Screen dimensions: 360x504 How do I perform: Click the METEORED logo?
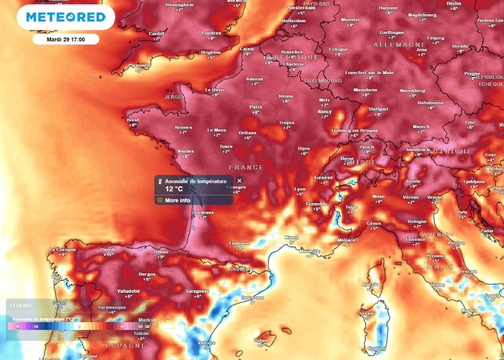click(66, 17)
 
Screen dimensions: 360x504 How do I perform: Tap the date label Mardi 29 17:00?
click(66, 39)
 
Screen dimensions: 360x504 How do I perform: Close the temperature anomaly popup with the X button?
click(239, 181)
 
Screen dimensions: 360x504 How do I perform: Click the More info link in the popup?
click(177, 200)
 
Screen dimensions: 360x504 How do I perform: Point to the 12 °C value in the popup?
click(174, 189)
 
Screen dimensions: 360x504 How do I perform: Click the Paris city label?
click(256, 107)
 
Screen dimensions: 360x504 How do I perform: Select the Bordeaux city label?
click(203, 212)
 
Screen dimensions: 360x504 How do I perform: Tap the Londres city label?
click(211, 33)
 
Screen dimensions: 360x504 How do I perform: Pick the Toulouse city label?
click(239, 244)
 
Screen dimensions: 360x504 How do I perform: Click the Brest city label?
click(133, 120)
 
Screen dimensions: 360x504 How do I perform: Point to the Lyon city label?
click(300, 189)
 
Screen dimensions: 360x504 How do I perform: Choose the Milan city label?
click(378, 197)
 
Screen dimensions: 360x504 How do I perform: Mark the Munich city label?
click(421, 127)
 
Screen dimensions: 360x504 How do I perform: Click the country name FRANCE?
click(246, 168)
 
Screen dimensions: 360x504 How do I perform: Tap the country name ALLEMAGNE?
click(400, 45)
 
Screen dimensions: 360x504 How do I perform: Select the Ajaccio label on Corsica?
click(370, 284)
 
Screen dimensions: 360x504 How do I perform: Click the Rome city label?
click(437, 285)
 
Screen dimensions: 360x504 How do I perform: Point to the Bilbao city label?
click(161, 252)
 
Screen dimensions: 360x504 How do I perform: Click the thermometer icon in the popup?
click(160, 182)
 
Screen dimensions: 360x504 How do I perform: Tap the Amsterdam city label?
click(301, 8)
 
